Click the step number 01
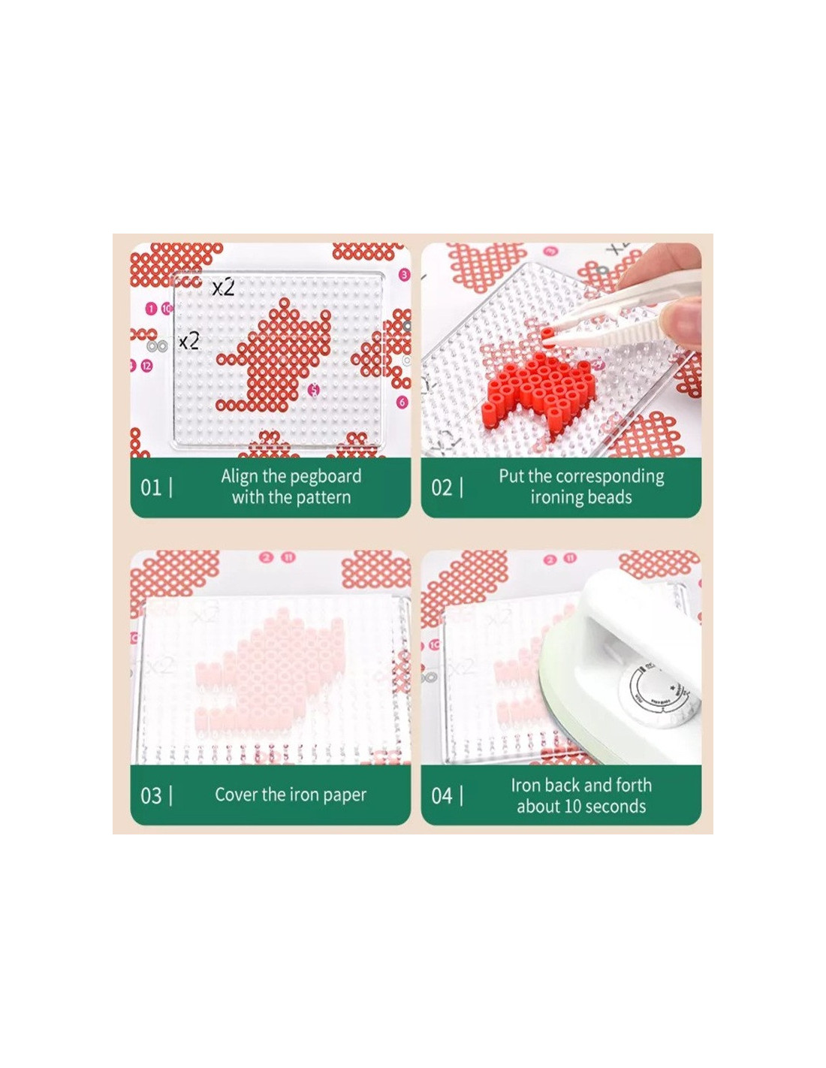tap(150, 488)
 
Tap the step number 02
tap(442, 488)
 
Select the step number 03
tap(151, 795)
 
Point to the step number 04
tap(442, 795)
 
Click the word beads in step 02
tap(607, 497)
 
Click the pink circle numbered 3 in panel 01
tap(403, 274)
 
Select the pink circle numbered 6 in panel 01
tap(402, 402)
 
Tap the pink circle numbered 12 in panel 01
tap(146, 366)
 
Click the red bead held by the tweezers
tap(547, 335)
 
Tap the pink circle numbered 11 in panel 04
tap(570, 558)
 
